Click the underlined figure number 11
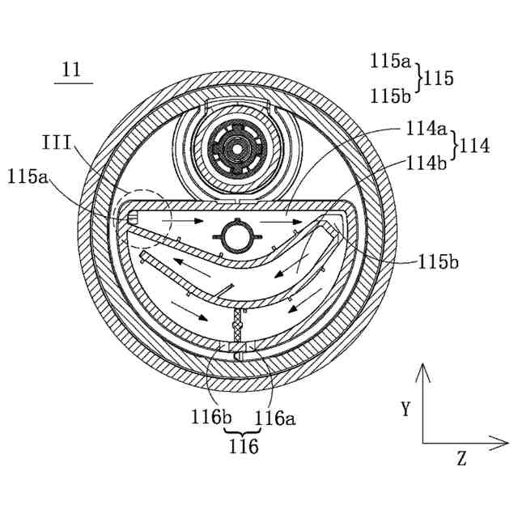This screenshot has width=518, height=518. [72, 70]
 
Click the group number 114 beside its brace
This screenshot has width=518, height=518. [474, 146]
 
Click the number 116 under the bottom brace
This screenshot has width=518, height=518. [242, 447]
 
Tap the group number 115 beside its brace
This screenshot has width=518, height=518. [438, 79]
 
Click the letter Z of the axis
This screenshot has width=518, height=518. [461, 460]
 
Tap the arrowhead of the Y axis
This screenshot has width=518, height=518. [422, 371]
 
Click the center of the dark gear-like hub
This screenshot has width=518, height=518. [236, 148]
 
